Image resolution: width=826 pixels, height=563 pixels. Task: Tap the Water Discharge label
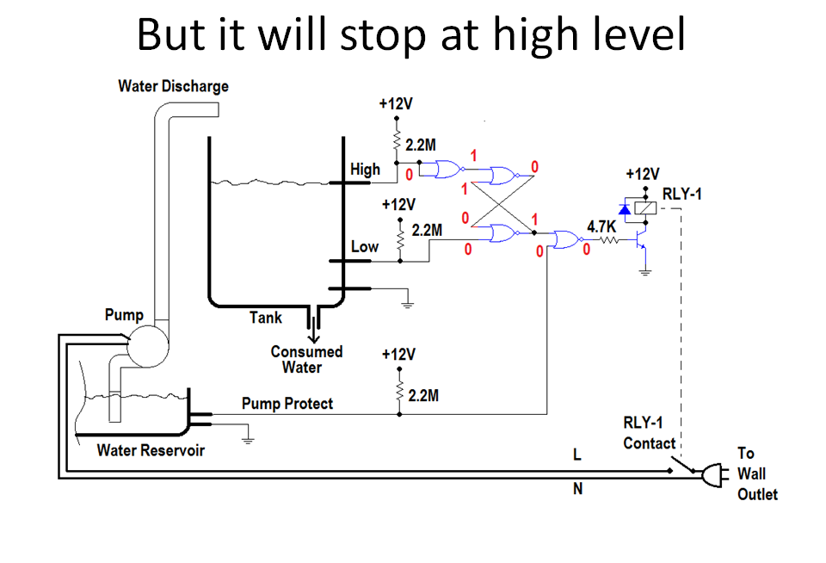click(173, 86)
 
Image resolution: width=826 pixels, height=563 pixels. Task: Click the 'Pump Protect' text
click(287, 404)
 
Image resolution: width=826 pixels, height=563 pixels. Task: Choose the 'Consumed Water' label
click(306, 359)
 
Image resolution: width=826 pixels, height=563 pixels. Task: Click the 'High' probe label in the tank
click(365, 170)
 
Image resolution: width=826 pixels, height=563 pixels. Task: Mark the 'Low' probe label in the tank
click(365, 247)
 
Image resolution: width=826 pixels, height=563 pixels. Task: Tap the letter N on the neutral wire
click(577, 490)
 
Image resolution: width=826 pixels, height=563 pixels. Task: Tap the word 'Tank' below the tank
click(266, 318)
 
